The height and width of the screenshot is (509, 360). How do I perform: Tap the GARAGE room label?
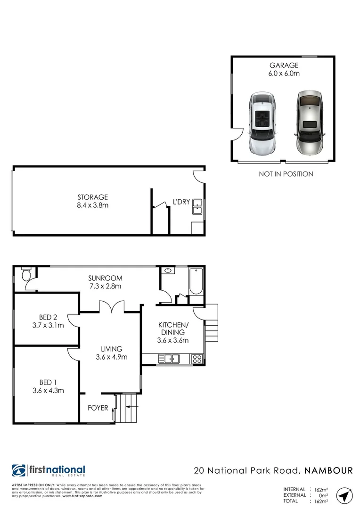[x=284, y=66]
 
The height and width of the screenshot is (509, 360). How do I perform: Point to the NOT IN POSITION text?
[x=286, y=174]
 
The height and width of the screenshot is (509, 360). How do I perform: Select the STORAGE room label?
[x=93, y=197]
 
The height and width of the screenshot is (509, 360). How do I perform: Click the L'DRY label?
[x=181, y=202]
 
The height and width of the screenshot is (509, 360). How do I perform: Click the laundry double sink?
[x=197, y=207]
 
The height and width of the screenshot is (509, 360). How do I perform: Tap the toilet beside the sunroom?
[x=26, y=274]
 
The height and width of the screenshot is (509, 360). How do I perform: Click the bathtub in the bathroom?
[x=196, y=282]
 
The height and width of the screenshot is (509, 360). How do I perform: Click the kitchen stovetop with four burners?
[x=197, y=360]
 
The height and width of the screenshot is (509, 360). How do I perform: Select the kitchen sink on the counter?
[x=169, y=360]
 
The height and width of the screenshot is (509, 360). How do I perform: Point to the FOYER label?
[x=98, y=408]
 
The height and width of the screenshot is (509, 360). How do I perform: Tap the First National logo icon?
[x=19, y=471]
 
